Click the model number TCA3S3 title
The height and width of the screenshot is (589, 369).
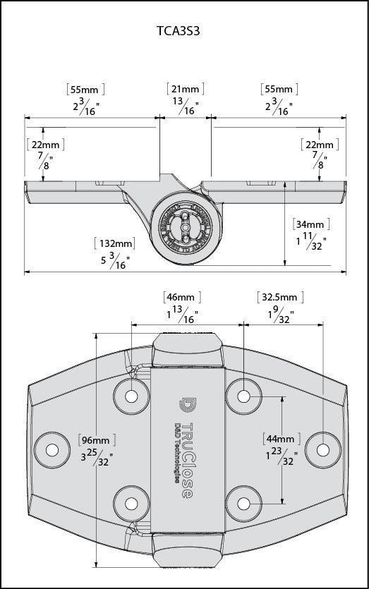click(183, 32)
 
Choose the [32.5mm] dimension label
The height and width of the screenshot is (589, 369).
click(278, 297)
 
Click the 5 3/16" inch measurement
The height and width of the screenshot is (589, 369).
click(113, 262)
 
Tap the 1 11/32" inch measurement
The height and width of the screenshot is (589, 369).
click(309, 243)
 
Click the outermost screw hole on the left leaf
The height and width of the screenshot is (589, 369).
click(50, 449)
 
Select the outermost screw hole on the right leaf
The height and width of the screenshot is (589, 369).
click(320, 449)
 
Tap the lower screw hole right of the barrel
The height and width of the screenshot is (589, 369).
click(243, 503)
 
